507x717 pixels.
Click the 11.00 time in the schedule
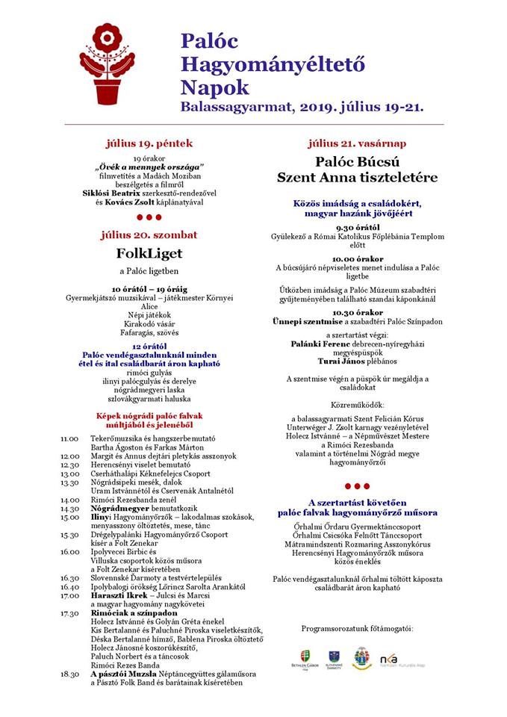[x=70, y=439]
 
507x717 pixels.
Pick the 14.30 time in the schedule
[x=70, y=508]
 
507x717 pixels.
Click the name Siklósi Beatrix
[x=129, y=193]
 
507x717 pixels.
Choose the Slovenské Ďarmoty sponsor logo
[x=333, y=658]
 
